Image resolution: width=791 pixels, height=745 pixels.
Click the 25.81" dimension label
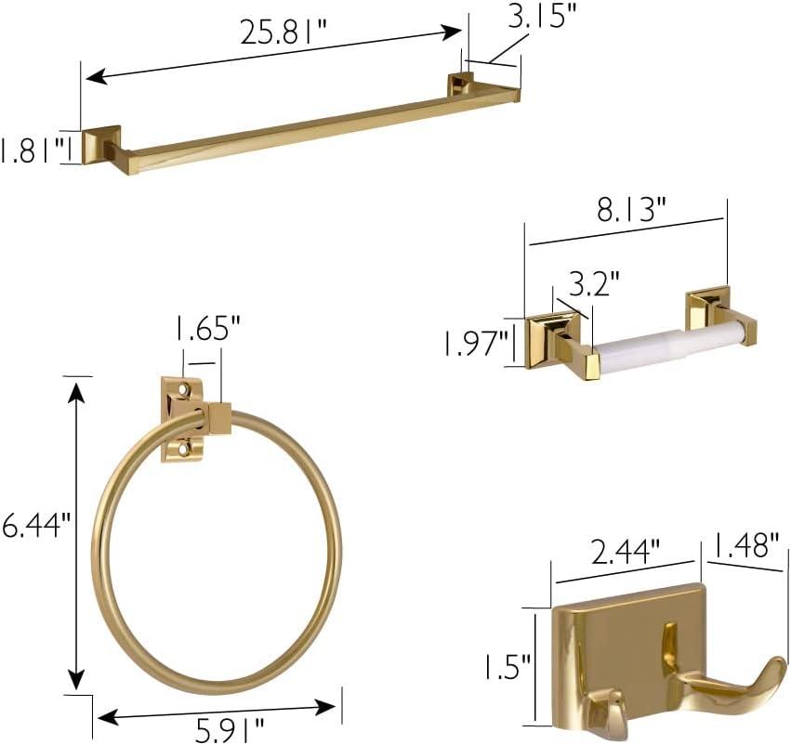pos(283,33)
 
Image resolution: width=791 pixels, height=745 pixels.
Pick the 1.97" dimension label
pos(475,344)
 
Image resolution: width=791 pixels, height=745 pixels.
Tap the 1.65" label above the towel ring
pos(208,328)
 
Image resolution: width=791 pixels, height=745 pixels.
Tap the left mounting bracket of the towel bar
pos(100,145)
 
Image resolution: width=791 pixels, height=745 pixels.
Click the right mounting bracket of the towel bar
pos(460,85)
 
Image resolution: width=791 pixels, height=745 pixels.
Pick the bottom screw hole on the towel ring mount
pos(184,449)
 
